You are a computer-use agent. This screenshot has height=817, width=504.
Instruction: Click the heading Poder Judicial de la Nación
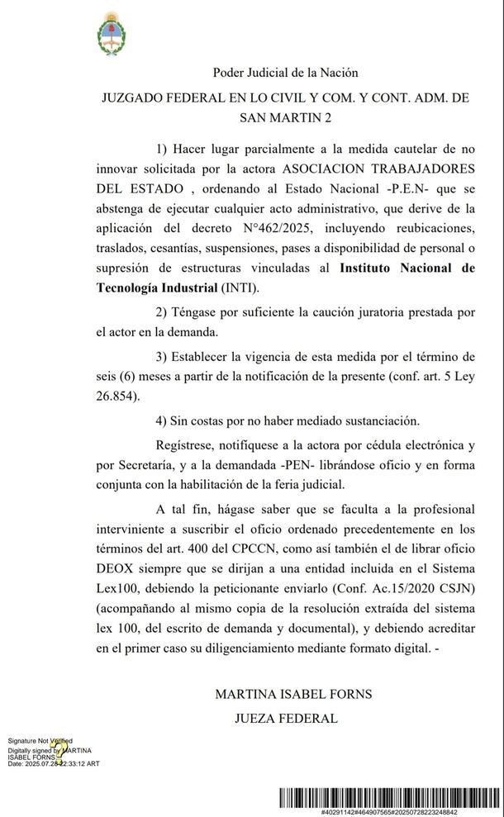point(285,74)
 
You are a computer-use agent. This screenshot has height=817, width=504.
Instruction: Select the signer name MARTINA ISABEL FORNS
point(293,694)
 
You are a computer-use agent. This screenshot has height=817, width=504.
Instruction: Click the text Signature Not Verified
point(40,741)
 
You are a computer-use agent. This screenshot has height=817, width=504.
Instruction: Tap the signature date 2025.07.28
point(45,764)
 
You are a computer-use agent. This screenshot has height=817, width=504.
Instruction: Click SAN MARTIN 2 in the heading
point(285,118)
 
